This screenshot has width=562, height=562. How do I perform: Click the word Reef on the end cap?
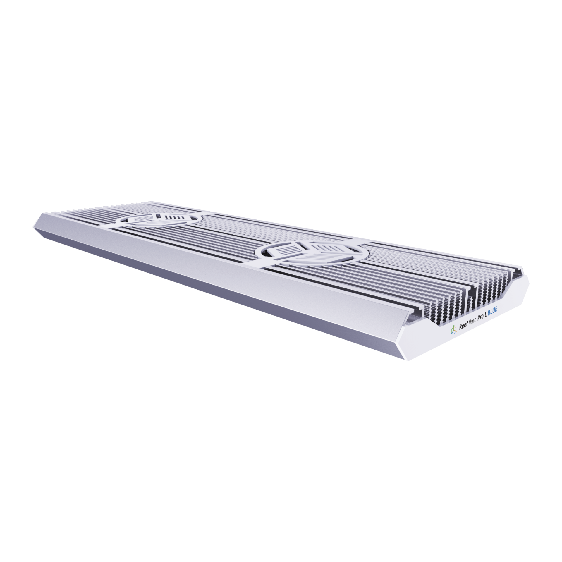(463, 326)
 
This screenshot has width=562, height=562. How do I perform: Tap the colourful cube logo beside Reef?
(453, 330)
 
